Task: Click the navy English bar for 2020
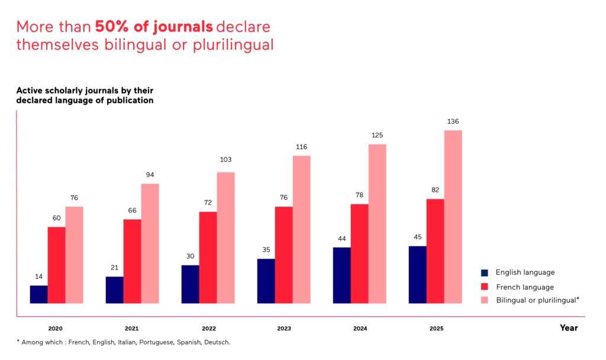[38, 294]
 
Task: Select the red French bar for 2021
[132, 261]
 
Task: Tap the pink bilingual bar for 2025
[453, 217]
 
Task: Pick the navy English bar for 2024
[341, 275]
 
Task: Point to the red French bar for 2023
[283, 255]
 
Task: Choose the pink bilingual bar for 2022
[225, 237]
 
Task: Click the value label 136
[453, 122]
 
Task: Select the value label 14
[38, 277]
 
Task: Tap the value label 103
[225, 160]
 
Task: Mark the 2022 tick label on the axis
[208, 329]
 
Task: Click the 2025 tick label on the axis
[436, 329]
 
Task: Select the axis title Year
[569, 327]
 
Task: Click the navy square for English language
[485, 273]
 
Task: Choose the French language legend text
[525, 287]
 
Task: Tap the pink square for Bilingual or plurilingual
[485, 300]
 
